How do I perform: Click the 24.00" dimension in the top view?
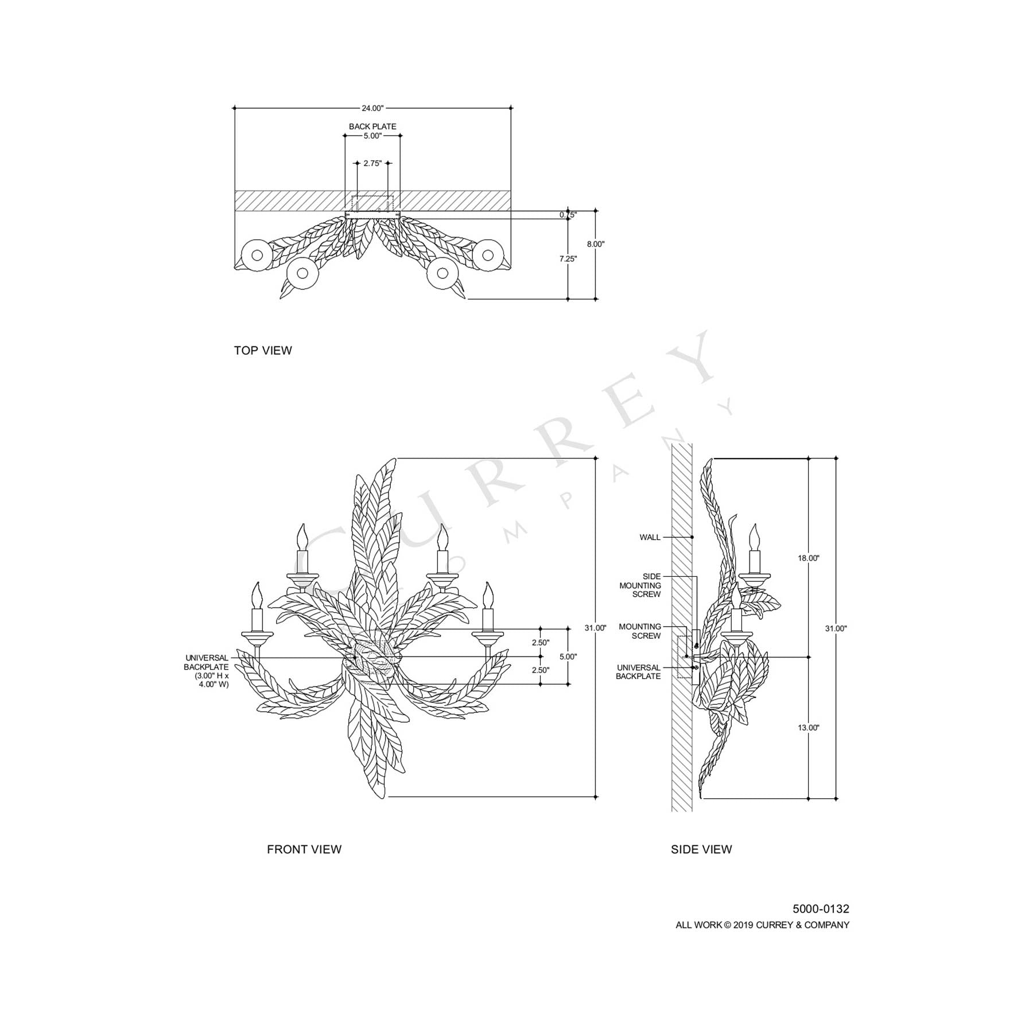(372, 108)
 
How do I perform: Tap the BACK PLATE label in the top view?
(372, 126)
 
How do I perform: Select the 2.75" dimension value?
(372, 164)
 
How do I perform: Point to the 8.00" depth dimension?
(596, 244)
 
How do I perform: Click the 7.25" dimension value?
(568, 259)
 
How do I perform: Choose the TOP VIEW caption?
(263, 351)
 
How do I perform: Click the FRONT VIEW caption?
(304, 849)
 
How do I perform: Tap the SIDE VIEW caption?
(701, 849)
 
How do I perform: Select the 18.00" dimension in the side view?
(809, 558)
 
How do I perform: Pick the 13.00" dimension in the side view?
(809, 728)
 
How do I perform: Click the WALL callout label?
(650, 538)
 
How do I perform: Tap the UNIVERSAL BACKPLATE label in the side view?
(638, 672)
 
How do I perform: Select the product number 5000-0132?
(821, 909)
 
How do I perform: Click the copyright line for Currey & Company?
(762, 925)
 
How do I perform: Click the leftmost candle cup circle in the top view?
(257, 255)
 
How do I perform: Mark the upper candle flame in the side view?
(754, 536)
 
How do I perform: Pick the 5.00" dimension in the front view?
(568, 657)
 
